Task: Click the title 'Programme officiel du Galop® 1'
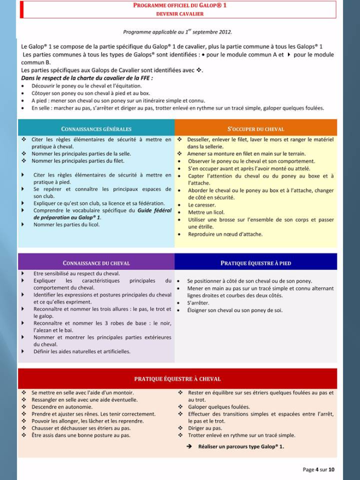pos(179,5)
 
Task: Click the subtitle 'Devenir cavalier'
pos(179,14)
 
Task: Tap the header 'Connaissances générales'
pos(96,129)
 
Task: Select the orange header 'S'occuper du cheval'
pos(255,129)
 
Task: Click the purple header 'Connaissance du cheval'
pos(96,263)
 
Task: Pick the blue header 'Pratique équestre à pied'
pos(255,263)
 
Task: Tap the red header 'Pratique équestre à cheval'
pos(177,379)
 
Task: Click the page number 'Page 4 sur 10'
pos(319,469)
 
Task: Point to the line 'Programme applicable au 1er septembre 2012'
pos(177,32)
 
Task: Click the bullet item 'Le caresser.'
pos(202,205)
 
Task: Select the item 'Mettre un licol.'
pos(206,212)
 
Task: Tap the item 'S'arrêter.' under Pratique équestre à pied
pos(198,303)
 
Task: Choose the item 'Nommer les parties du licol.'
pos(67,224)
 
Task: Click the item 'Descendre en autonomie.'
pos(62,407)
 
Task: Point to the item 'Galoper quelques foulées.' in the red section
pos(219,407)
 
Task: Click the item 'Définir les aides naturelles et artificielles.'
pos(82,351)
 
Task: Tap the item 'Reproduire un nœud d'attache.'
pos(225,234)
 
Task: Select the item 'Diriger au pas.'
pos(205,428)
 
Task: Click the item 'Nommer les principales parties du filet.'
pos(77,161)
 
